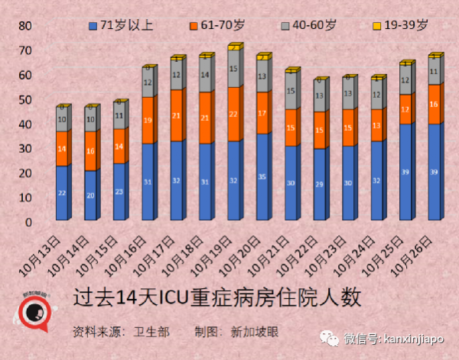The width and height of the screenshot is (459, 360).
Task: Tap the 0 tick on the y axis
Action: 28,222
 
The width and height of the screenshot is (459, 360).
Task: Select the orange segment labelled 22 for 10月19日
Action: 233,114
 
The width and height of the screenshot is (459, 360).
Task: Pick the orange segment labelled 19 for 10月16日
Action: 148,120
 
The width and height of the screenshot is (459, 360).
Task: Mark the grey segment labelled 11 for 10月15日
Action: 119,116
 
